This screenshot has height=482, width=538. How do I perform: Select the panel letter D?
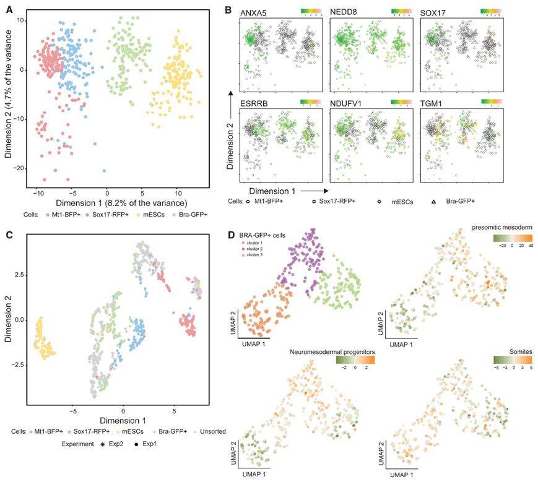coord(230,235)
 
